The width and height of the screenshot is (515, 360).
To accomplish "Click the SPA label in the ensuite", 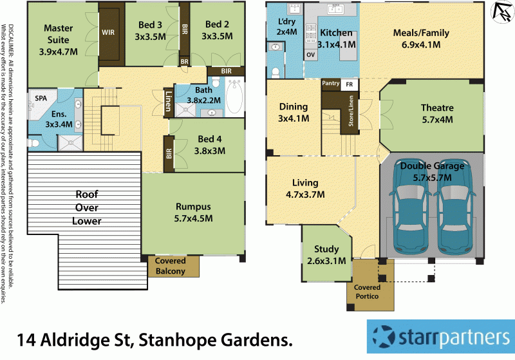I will point(41,98).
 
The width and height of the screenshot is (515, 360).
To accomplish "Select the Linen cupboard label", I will point(167,102).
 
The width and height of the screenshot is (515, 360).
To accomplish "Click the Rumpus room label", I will point(194,207).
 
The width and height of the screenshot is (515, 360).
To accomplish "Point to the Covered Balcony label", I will point(170,266).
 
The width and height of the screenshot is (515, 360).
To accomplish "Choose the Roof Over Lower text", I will point(88,207).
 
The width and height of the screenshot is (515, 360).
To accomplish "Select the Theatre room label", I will point(437,108).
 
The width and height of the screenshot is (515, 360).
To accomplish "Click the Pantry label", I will point(330,83).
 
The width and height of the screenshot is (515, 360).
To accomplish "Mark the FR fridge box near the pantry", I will point(350,84).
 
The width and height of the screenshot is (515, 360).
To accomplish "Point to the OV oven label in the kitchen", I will point(310,55).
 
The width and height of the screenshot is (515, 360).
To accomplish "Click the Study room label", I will point(326,249).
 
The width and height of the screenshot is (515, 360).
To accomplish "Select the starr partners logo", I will point(440,336).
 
